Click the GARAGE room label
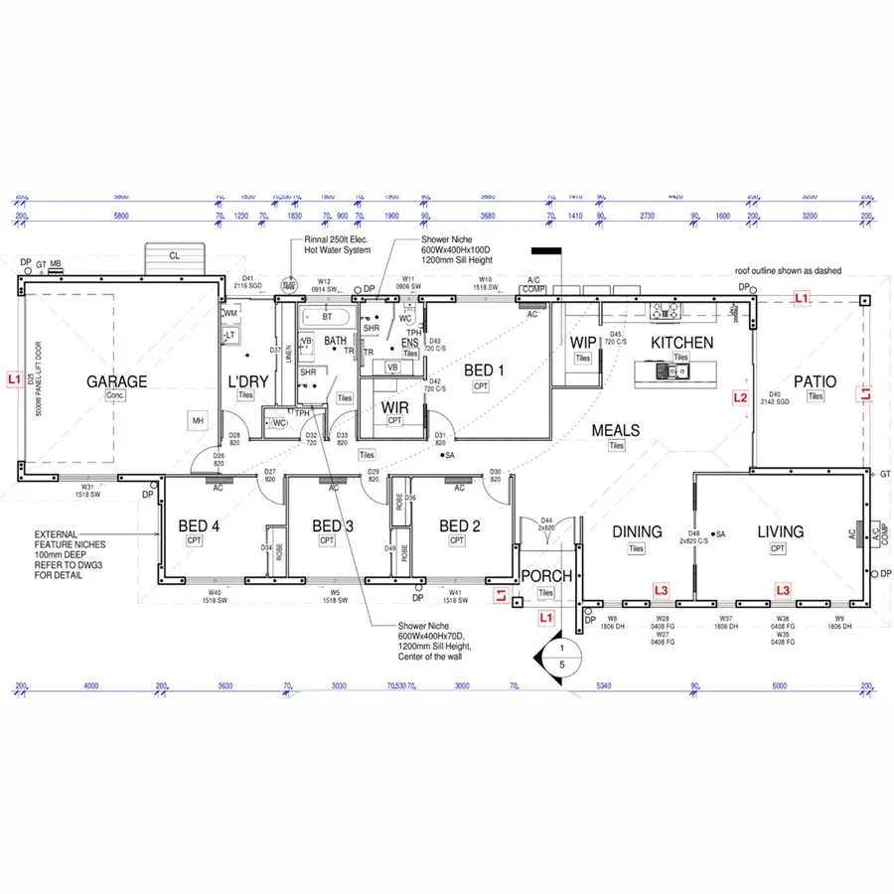point(116,380)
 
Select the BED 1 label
point(484,371)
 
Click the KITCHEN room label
point(681,343)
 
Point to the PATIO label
point(815,381)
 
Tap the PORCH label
point(546,576)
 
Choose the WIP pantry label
point(583,343)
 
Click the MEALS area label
point(616,430)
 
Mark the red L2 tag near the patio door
point(739,397)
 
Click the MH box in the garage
point(198,421)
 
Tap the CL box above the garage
point(175,255)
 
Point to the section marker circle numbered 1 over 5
point(561,655)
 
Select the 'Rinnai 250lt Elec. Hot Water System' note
point(337,244)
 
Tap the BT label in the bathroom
point(327,317)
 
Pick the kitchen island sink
point(671,372)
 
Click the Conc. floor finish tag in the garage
point(116,395)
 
